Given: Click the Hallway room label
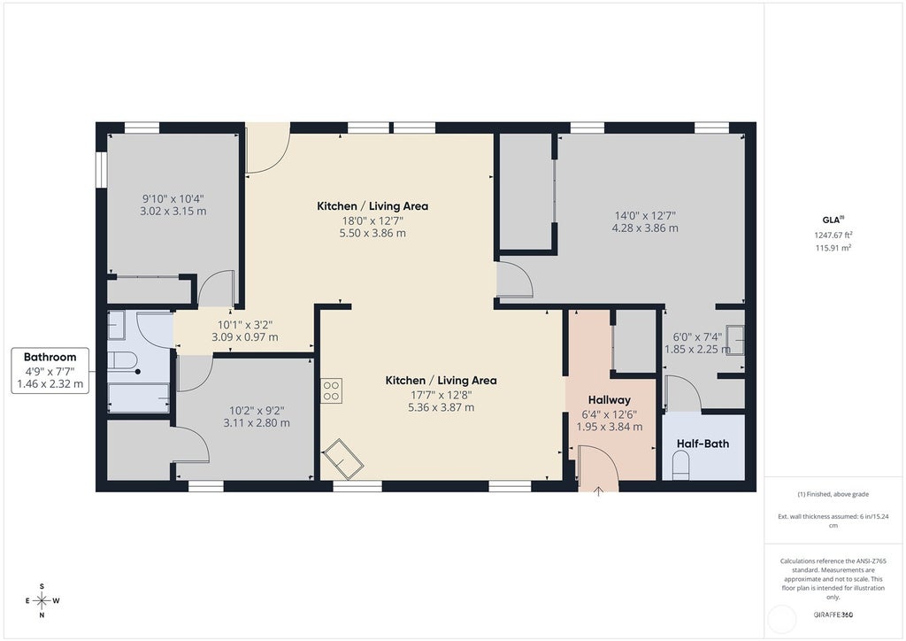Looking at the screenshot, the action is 609,400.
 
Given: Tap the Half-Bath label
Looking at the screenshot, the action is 703,444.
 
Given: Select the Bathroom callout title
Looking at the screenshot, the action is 50,357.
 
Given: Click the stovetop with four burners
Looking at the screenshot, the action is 331,390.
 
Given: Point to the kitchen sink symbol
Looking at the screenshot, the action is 342,459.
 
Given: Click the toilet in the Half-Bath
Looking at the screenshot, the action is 681,466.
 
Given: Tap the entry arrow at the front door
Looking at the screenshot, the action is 599,491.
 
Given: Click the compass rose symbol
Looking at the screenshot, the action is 42,600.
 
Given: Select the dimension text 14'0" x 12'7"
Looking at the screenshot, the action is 645,216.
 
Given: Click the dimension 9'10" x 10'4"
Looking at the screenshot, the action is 173,199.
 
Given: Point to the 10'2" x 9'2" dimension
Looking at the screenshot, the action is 257,411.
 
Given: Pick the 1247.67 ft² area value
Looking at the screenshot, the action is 833,236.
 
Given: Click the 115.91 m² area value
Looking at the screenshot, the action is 833,248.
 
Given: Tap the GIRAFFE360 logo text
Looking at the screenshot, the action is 833,615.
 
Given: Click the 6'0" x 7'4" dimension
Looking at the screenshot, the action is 697,337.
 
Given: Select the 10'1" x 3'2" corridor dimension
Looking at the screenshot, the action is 244,326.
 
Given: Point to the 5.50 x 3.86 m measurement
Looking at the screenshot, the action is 372,234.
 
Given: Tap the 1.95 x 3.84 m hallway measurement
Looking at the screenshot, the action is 609,427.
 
